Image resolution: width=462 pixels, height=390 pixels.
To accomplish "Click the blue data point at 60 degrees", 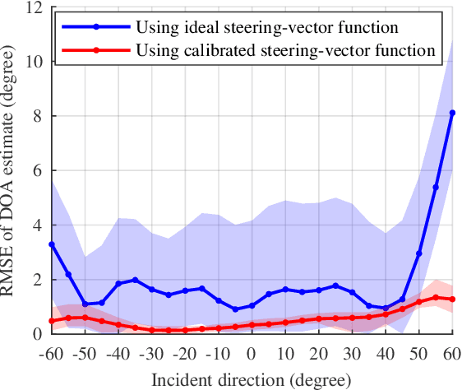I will [x=452, y=113].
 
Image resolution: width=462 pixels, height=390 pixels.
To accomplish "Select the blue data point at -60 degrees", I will [x=51, y=244].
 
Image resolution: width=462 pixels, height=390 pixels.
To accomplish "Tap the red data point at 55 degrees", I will [x=436, y=297].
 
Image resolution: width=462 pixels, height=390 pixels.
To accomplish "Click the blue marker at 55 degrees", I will [x=436, y=187].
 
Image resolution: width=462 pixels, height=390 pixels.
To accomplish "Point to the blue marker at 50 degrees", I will [x=418, y=253].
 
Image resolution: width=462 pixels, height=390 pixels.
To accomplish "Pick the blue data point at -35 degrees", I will [x=135, y=280].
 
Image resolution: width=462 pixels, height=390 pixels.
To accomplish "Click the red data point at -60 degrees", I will [x=51, y=321].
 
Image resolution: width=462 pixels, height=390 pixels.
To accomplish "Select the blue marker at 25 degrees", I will [x=335, y=286].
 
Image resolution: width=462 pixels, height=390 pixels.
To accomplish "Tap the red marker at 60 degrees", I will [x=452, y=299].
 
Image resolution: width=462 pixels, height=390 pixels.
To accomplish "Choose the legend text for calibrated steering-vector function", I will [x=284, y=50].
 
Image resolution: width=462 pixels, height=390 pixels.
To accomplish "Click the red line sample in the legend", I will [x=96, y=50].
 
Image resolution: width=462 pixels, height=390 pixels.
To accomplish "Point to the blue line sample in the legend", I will [x=96, y=27].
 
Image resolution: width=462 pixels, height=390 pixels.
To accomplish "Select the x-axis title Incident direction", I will [x=252, y=379].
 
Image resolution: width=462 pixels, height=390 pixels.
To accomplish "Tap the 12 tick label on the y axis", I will [x=33, y=8].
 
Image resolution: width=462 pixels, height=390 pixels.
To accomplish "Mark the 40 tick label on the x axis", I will [x=386, y=353].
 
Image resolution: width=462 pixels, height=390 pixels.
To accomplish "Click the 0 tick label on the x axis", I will [x=252, y=353].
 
